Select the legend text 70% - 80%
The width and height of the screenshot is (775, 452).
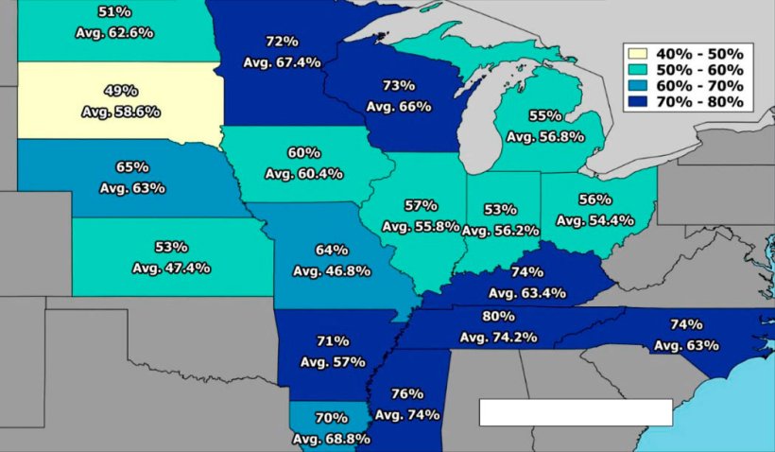704,102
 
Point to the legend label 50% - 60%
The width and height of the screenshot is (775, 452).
704,70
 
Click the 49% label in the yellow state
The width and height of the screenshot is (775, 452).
121,91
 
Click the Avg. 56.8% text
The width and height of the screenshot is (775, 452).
545,136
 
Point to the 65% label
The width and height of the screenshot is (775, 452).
132,167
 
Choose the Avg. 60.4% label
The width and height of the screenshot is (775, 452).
304,173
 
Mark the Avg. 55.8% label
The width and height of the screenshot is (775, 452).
421,226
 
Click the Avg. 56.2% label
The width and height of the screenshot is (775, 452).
500,230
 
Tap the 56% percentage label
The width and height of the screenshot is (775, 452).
595,200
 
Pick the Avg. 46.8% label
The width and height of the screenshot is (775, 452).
332,271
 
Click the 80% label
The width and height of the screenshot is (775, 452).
498,316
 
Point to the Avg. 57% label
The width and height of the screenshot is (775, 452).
333,361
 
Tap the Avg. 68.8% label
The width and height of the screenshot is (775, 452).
331,439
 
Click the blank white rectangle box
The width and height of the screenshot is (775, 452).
576,412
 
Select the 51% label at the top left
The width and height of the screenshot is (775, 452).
114,11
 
